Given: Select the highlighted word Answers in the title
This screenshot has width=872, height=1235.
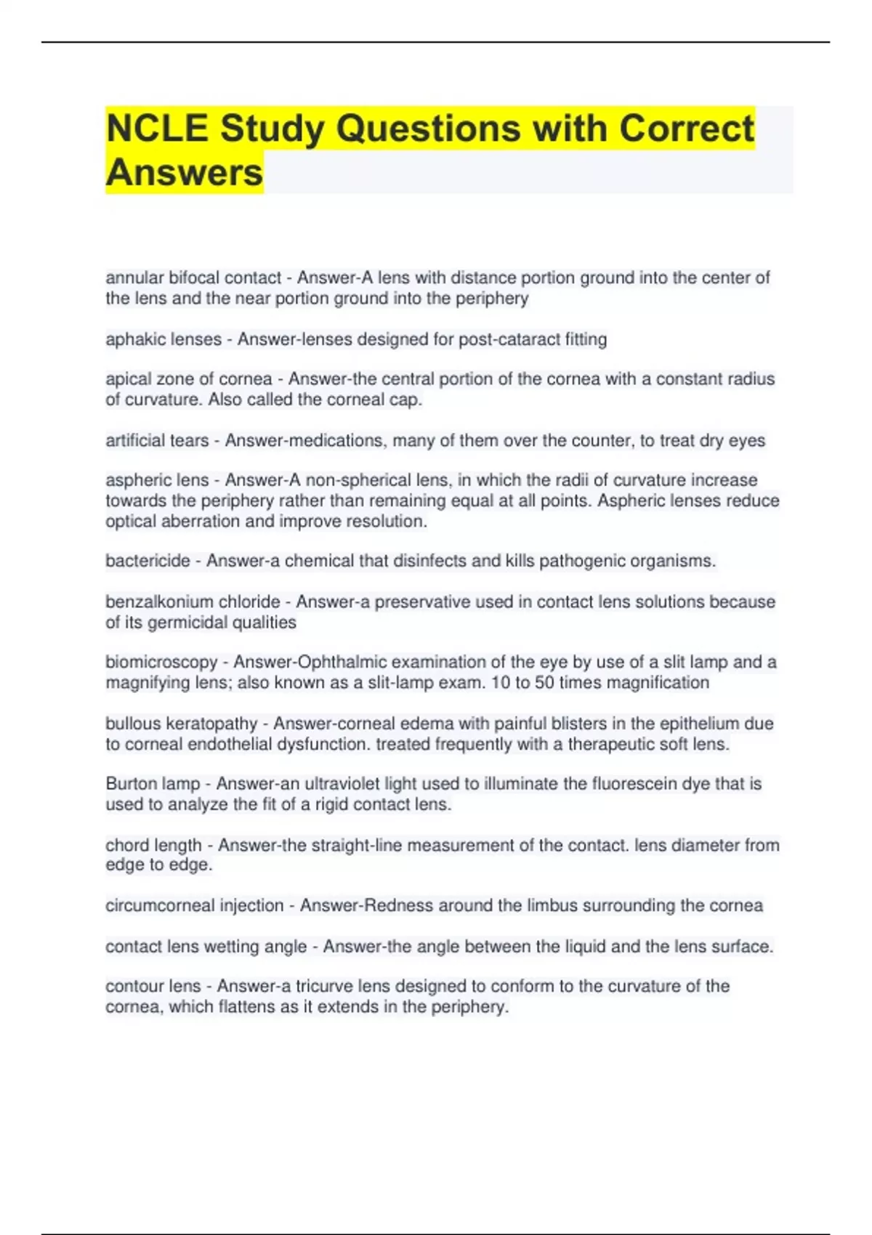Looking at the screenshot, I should tap(185, 172).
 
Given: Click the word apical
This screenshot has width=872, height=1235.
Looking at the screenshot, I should tap(127, 379).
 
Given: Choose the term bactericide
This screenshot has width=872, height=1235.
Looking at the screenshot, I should tap(148, 561).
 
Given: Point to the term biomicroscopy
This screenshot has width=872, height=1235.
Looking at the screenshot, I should tap(161, 663).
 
